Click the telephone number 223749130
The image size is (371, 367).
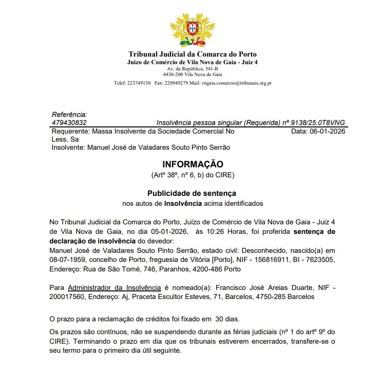(x=139, y=83)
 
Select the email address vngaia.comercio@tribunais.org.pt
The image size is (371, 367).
(x=236, y=83)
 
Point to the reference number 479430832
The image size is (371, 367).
(x=69, y=122)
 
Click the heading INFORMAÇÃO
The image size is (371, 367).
(x=192, y=164)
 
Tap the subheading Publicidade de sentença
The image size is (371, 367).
(x=191, y=193)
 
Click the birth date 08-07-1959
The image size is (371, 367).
(x=68, y=260)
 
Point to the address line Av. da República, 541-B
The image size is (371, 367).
(x=192, y=69)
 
